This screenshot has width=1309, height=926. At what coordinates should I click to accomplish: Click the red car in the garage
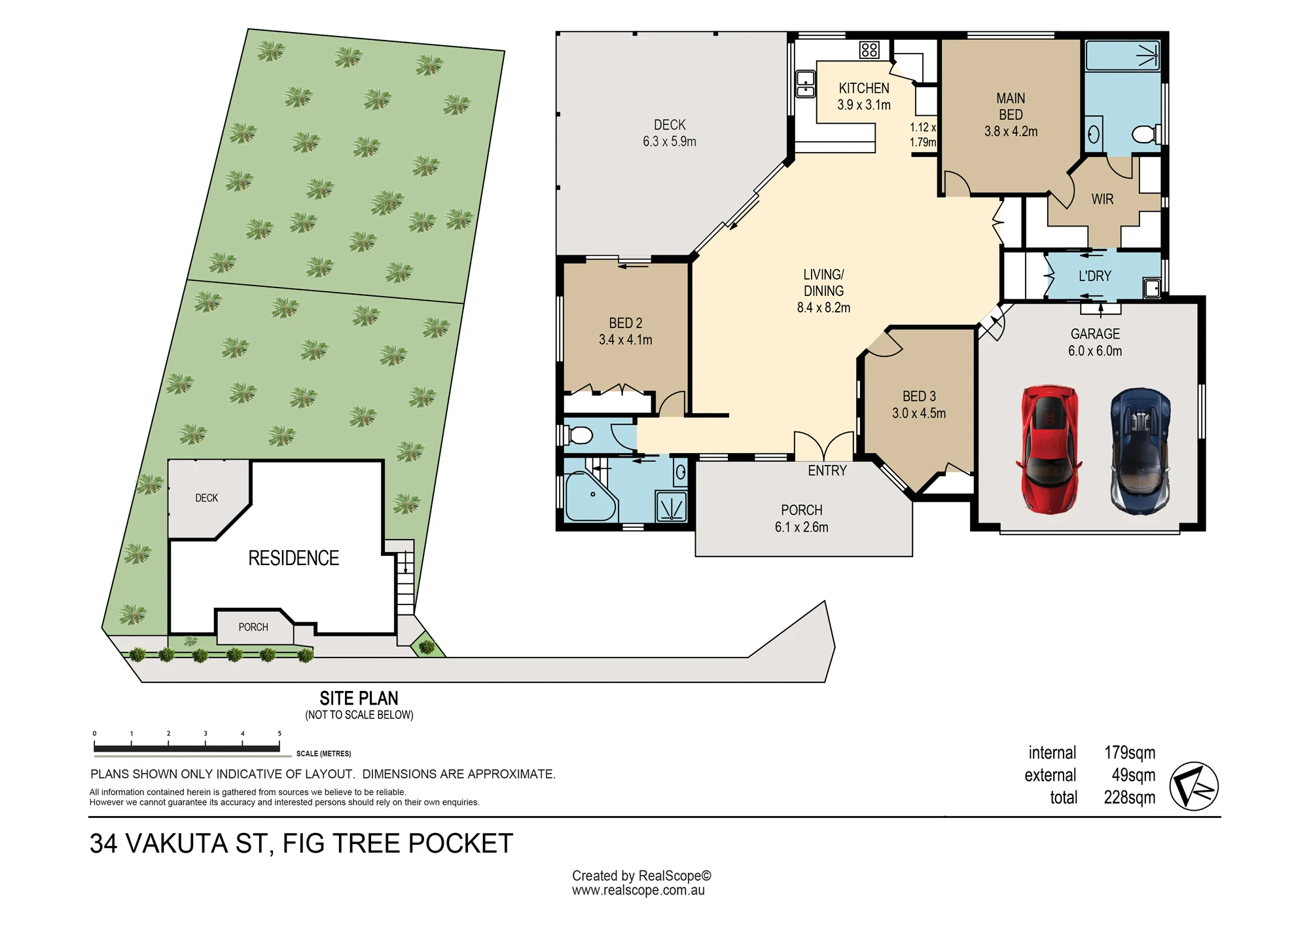(x=1049, y=449)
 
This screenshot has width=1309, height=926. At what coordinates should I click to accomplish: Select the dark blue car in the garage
(x=1140, y=451)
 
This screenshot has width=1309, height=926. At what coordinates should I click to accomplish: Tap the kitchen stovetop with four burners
(x=869, y=50)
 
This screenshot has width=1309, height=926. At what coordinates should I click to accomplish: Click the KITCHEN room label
(x=864, y=88)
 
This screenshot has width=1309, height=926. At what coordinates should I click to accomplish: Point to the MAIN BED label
(x=1011, y=106)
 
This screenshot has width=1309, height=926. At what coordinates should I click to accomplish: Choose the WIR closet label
(x=1102, y=199)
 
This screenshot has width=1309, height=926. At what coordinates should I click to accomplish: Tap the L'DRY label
(x=1095, y=276)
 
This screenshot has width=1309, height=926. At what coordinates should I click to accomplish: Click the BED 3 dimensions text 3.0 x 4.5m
(x=919, y=413)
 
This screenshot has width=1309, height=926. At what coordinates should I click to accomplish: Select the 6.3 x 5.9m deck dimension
(x=670, y=141)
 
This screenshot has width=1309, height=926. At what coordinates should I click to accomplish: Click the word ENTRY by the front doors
(x=827, y=471)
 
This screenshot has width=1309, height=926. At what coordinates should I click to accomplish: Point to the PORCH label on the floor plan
(x=802, y=510)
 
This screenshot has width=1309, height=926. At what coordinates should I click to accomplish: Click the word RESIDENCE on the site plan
(x=294, y=558)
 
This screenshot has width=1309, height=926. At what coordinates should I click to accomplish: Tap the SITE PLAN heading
(x=359, y=698)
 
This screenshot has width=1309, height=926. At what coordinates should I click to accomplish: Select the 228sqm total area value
(x=1130, y=798)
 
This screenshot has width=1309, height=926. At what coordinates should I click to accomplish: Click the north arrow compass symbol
(x=1194, y=787)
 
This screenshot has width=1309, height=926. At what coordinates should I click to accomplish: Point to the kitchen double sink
(x=805, y=84)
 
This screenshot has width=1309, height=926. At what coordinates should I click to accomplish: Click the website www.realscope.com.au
(x=638, y=891)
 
